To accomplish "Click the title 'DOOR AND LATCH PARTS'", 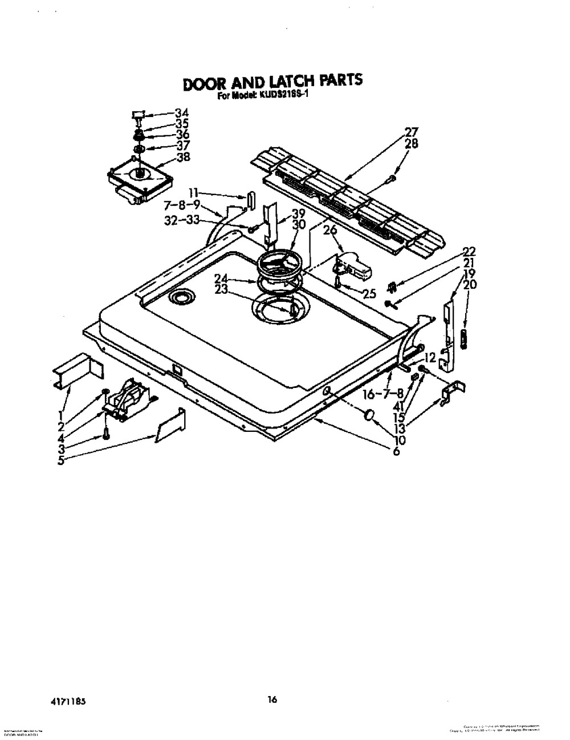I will point(272,82).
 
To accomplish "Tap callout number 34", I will point(181,113).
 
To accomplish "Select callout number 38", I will point(183,158).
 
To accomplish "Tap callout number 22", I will point(469,252).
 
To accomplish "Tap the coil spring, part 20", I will point(463,338).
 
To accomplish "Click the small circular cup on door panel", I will point(181,296).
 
